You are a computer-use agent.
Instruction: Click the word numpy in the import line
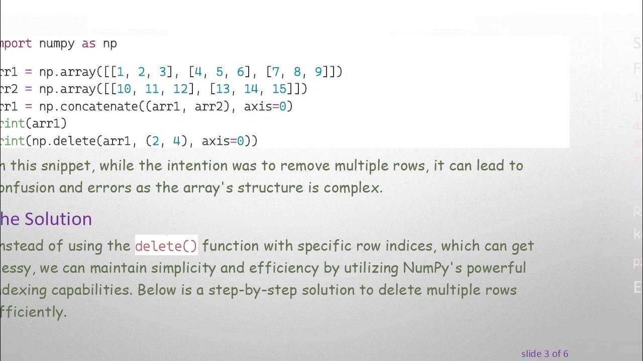pyautogui.click(x=57, y=44)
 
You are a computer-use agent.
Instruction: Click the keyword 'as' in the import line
pyautogui.click(x=88, y=44)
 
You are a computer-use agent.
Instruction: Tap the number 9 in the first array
pyautogui.click(x=318, y=72)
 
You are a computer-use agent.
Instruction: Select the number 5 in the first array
pyautogui.click(x=219, y=72)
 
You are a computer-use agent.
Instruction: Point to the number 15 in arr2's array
pyautogui.click(x=279, y=89)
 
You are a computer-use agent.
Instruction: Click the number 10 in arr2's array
pyautogui.click(x=124, y=89)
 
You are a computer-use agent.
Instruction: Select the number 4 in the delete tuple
pyautogui.click(x=176, y=141)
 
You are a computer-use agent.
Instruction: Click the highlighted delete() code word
pyautogui.click(x=166, y=246)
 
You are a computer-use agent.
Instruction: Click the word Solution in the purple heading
pyautogui.click(x=58, y=219)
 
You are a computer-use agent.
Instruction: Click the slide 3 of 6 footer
pyautogui.click(x=545, y=354)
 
